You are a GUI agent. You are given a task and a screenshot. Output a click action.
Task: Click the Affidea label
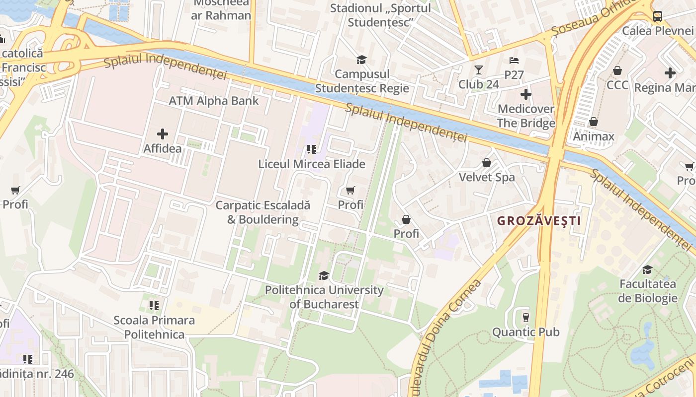163,148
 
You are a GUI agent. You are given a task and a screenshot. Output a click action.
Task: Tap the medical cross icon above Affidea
163,134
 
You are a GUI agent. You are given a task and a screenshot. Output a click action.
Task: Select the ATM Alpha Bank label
214,101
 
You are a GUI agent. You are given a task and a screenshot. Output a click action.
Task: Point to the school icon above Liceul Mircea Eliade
312,149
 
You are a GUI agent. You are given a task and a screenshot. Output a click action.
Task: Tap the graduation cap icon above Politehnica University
324,275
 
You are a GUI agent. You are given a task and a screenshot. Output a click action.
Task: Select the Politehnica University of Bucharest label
324,297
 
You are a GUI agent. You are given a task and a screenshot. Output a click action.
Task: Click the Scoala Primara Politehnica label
154,327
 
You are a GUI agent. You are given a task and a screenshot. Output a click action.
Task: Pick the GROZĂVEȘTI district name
539,221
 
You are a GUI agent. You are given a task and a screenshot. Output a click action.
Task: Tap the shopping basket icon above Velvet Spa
487,163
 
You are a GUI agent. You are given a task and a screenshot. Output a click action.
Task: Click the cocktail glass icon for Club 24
479,70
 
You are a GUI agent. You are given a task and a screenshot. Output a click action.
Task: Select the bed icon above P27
514,61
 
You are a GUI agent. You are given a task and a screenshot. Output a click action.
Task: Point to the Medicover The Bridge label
526,116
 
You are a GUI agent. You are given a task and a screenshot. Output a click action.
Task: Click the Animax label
594,136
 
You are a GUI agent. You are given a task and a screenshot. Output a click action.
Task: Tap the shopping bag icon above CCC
617,70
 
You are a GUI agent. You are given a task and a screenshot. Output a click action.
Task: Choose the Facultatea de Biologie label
648,291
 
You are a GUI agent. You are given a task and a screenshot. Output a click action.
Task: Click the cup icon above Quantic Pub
525,317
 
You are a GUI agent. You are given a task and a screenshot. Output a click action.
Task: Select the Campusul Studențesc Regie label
362,81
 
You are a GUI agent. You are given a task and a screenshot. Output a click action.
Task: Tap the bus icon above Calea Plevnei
658,16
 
